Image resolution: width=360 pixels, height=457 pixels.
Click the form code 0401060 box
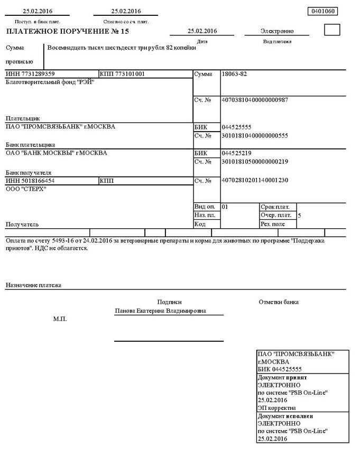(x=322, y=11)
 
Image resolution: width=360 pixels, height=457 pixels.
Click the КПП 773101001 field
(x=122, y=74)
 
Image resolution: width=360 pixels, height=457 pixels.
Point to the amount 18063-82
(x=235, y=74)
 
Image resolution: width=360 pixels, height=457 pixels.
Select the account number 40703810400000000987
(x=255, y=100)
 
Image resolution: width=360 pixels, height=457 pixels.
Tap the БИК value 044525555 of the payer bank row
(x=237, y=127)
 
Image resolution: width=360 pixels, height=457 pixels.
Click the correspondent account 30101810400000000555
(x=255, y=136)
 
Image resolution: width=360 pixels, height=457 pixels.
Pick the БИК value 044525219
(x=237, y=153)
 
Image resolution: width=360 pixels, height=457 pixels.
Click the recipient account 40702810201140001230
(x=255, y=180)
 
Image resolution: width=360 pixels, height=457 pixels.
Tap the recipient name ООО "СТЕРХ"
(x=26, y=189)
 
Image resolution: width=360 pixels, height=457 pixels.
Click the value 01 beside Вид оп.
(x=225, y=207)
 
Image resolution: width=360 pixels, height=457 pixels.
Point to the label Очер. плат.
(x=276, y=215)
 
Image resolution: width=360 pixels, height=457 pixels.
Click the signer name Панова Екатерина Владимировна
(x=161, y=311)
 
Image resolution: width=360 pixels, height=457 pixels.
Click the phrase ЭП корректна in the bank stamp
(x=276, y=408)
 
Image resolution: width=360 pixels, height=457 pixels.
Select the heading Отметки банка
(x=279, y=302)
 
